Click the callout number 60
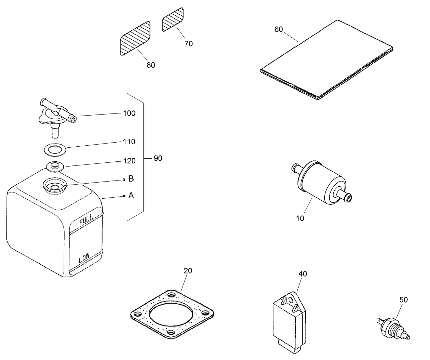(x=279, y=29)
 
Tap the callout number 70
(x=188, y=43)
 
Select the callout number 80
(x=151, y=65)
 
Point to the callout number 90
(x=158, y=158)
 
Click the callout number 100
(x=129, y=113)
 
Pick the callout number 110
(x=129, y=142)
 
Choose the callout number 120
(x=129, y=161)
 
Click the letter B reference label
(x=131, y=179)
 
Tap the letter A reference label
(x=131, y=196)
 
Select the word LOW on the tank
(x=84, y=258)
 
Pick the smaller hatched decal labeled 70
(x=173, y=20)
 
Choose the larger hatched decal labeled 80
(x=135, y=38)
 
